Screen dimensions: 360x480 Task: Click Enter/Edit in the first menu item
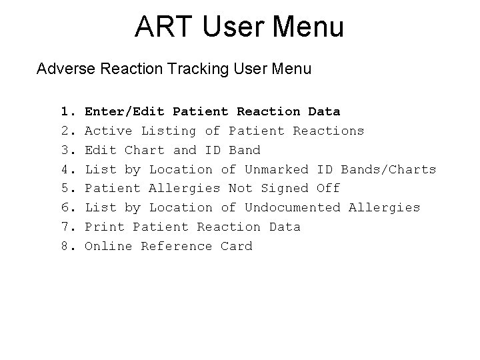click(125, 111)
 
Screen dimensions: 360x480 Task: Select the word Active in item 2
click(109, 131)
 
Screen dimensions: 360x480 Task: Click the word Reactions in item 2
click(329, 131)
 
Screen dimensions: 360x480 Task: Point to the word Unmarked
click(277, 169)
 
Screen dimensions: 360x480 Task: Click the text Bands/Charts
click(389, 169)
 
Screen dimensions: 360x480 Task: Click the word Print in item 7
click(105, 227)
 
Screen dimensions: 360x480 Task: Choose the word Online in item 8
click(109, 246)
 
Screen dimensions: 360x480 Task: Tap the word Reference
click(177, 246)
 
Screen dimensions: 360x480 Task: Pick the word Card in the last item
click(237, 246)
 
